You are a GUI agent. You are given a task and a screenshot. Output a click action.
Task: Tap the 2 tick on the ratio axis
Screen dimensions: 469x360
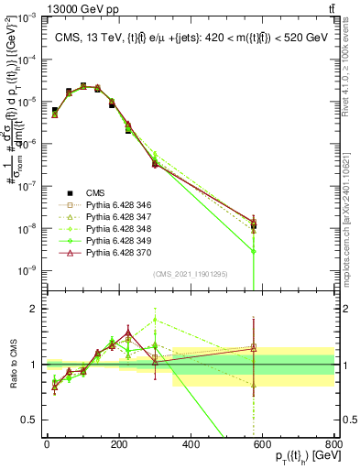pyautogui.click(x=34, y=309)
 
